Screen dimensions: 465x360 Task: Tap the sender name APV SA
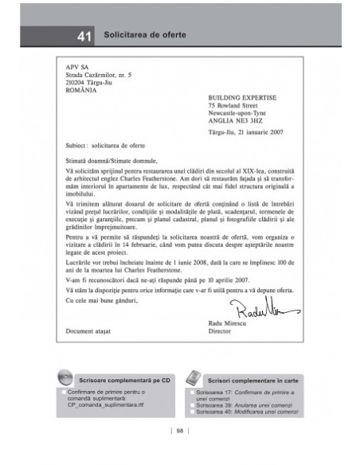[77, 69]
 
